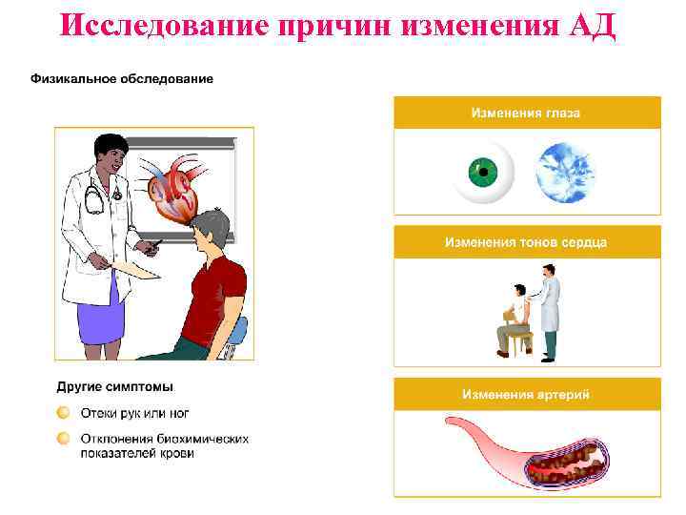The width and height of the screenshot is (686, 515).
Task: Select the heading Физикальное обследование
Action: [x=122, y=78]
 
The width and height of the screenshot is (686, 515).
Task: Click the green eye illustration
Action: [x=483, y=174]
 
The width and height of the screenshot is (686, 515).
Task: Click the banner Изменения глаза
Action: [x=526, y=113]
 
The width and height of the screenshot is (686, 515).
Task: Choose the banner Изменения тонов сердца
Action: [x=526, y=242]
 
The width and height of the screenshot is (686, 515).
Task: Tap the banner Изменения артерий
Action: [x=526, y=393]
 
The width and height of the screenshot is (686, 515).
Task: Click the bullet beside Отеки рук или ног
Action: [x=63, y=413]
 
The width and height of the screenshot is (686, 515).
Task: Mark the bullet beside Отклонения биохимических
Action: [x=63, y=439]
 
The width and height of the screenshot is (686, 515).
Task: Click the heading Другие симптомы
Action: [x=115, y=387]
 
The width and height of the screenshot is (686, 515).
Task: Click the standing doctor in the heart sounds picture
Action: [x=548, y=315]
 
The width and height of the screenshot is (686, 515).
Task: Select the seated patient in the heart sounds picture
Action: [x=514, y=319]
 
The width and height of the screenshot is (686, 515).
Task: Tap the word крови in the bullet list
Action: [x=177, y=453]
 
